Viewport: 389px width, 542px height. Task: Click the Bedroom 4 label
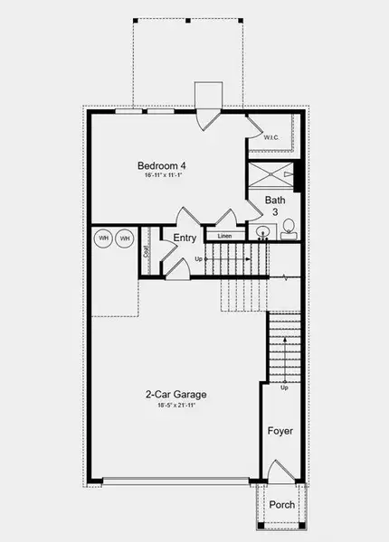click(x=162, y=165)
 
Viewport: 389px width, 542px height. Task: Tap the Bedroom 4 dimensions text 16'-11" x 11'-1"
click(x=162, y=176)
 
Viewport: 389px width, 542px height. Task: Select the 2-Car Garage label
click(x=177, y=394)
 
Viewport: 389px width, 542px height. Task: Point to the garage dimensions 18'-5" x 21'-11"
click(x=177, y=405)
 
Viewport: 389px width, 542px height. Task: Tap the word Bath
click(x=276, y=200)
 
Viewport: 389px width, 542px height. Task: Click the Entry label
click(x=185, y=238)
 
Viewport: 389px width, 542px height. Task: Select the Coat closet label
click(x=147, y=254)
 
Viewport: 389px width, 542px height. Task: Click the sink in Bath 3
click(x=262, y=232)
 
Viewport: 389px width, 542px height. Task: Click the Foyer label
click(x=280, y=431)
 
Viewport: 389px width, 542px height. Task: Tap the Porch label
click(x=281, y=504)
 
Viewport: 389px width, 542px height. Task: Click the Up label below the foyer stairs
click(x=284, y=388)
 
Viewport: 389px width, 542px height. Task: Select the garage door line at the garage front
click(x=177, y=480)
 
